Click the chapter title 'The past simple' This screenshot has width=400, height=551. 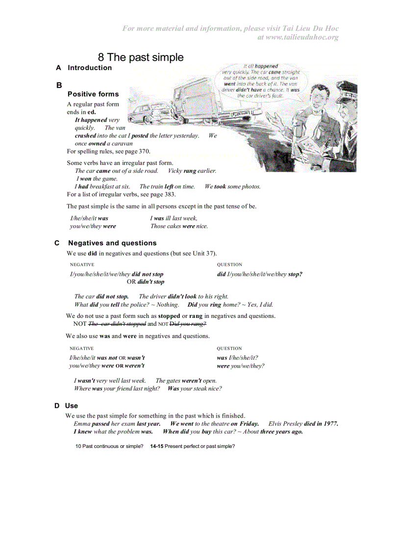(141, 57)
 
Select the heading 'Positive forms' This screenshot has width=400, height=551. (93, 94)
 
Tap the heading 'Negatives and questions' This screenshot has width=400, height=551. (112, 243)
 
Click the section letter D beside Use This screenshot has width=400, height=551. (57, 406)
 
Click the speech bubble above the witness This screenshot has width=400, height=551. (260, 80)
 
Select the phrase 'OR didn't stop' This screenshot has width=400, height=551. (146, 282)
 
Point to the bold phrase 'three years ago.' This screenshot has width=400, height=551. (281, 432)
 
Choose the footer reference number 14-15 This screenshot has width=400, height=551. (156, 446)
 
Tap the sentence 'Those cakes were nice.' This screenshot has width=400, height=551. (179, 227)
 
